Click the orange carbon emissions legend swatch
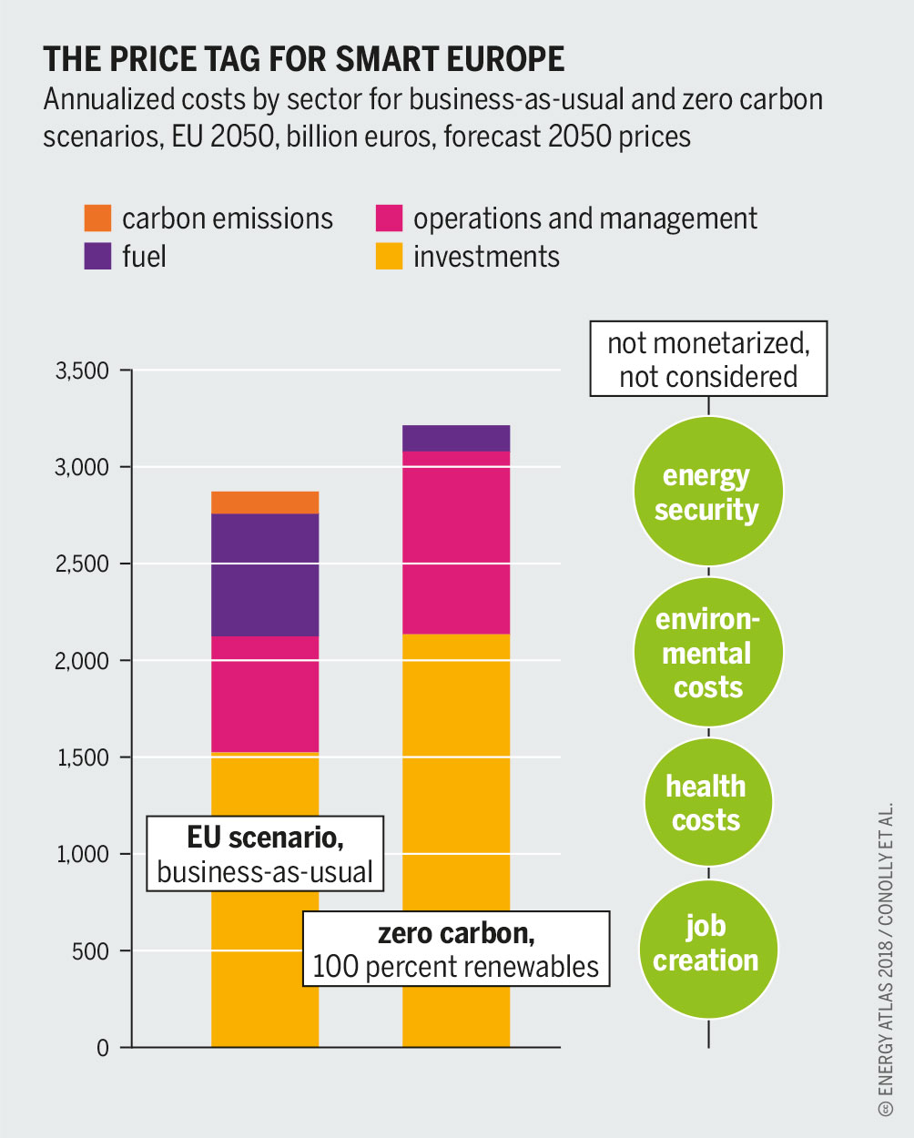click(96, 218)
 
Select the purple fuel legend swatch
click(96, 256)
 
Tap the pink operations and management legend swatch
click(389, 218)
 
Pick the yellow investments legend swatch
click(389, 256)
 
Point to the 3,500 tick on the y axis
click(82, 371)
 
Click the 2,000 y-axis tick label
click(82, 660)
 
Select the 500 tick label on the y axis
click(91, 951)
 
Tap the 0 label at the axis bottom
click(102, 1048)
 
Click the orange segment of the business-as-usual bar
click(265, 503)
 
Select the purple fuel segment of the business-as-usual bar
click(265, 574)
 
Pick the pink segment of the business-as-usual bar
click(265, 694)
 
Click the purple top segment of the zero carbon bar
click(456, 438)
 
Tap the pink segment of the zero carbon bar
click(456, 542)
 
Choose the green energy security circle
click(707, 493)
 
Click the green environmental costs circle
click(707, 653)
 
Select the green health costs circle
click(707, 803)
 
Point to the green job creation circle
click(707, 944)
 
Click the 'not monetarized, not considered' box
click(708, 359)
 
